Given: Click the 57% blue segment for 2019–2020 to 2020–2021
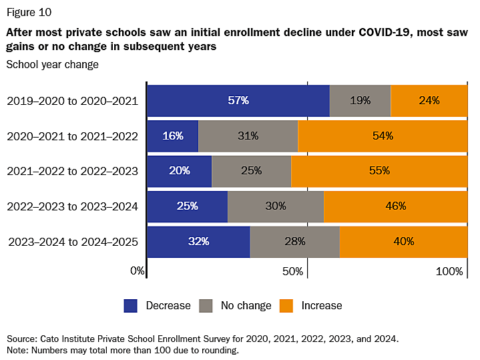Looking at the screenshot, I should coord(238,101).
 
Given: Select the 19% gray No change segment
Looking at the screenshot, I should coord(360,101).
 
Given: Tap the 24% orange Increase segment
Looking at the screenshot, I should coord(429,101).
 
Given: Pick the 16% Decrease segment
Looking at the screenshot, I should coord(172,136).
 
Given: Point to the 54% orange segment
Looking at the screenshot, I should coord(383,136).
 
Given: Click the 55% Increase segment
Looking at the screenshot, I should coord(379,171).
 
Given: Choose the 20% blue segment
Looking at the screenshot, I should coord(179,171).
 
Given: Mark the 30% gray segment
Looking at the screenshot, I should coord(275,206).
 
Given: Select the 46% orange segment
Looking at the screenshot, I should coord(395,206).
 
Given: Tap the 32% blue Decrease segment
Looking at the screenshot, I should coord(198,241).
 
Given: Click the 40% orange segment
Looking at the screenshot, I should coord(403,241).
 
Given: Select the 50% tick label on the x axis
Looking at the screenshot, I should coord(294,271).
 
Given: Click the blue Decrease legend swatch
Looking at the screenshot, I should coord(132,306).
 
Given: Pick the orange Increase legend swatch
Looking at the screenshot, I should coord(285,306).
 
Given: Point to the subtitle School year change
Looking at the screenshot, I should coord(52,65).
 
